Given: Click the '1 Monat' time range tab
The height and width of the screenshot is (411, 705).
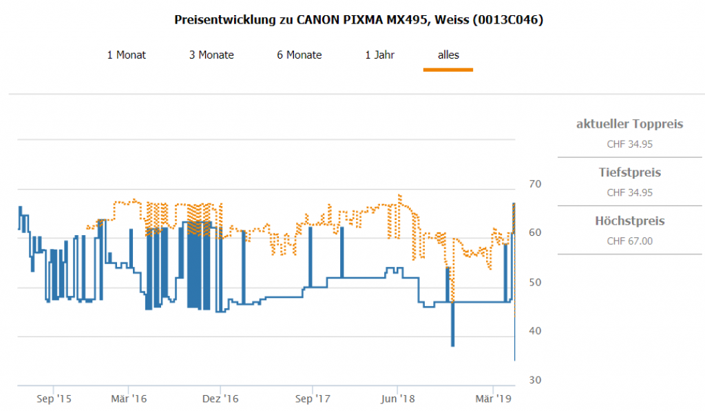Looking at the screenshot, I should tap(126, 55).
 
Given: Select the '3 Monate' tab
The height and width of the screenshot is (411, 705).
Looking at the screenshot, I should tap(211, 55).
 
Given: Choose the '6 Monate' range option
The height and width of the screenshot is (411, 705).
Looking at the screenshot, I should tap(299, 55).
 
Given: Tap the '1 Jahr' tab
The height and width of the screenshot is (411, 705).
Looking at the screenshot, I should tap(379, 55).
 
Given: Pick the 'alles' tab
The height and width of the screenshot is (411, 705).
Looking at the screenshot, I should tap(448, 55).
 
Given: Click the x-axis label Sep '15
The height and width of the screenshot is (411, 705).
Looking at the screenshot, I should tap(54, 399).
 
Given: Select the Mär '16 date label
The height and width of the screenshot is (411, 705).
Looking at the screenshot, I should tap(129, 399).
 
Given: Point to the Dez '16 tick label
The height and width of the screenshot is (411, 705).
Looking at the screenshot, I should tap(221, 399).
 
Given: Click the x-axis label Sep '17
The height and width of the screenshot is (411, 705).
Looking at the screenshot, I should tap(312, 399).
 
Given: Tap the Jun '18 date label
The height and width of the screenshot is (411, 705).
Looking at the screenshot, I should tap(398, 399).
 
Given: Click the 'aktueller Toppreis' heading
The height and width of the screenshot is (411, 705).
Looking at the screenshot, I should tap(629, 124).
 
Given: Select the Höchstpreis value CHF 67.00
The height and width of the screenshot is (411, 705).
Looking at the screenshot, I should tap(629, 241).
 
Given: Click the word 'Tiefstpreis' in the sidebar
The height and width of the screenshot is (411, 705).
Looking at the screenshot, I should tap(629, 172).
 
